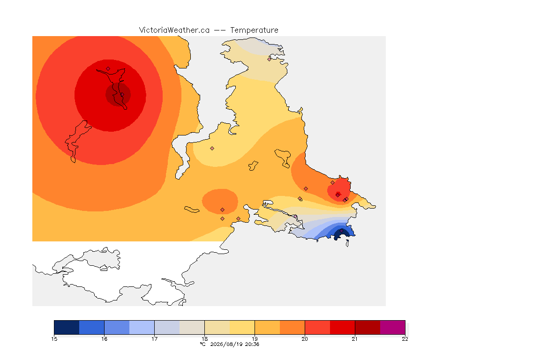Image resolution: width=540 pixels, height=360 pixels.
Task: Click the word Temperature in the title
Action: pos(254,30)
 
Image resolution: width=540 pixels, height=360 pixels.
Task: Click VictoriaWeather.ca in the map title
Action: pos(174,30)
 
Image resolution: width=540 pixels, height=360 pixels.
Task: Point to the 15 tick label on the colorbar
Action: pos(54,339)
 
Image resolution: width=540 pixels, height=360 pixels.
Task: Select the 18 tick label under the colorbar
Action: pos(204,339)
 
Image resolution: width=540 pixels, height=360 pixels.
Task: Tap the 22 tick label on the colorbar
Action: pos(405,339)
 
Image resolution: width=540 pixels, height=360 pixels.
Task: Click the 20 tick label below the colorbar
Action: pos(305,339)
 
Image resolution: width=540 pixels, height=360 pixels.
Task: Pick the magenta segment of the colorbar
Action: pos(393,327)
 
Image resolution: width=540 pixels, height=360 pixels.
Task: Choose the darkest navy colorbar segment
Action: pos(67,327)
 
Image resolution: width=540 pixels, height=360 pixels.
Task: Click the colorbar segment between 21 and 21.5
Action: pos(367,327)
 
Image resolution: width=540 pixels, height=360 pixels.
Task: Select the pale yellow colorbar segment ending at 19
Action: pos(242,327)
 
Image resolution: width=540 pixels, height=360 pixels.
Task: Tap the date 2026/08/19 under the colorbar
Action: pos(226,344)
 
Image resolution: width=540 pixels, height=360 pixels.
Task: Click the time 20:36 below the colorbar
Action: pos(252,344)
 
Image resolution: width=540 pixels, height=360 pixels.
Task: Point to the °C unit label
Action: pos(203,344)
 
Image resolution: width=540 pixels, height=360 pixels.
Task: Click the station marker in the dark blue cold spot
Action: pos(342,231)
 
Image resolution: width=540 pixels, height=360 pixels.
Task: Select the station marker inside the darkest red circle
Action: pos(122,95)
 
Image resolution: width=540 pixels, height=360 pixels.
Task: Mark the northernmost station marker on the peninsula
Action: pos(270,59)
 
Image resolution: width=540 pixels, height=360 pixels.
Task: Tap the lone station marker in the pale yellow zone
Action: pos(212,149)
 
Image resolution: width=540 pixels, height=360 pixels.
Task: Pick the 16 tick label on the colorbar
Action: pos(105,339)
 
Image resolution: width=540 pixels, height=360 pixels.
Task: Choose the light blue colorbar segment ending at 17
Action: pos(142,327)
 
